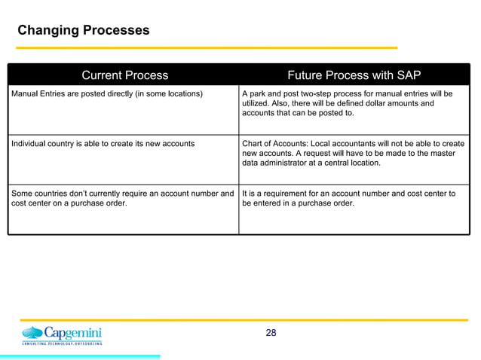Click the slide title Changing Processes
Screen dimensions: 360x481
click(x=83, y=31)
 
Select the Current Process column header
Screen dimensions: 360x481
click(x=124, y=75)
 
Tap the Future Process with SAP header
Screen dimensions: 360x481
click(x=354, y=75)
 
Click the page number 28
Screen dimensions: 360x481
click(x=271, y=333)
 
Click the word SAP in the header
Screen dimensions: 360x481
click(x=408, y=75)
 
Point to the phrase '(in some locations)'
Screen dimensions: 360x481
click(x=166, y=94)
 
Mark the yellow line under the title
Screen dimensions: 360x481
click(x=207, y=48)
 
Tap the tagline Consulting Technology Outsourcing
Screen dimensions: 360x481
click(x=62, y=343)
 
